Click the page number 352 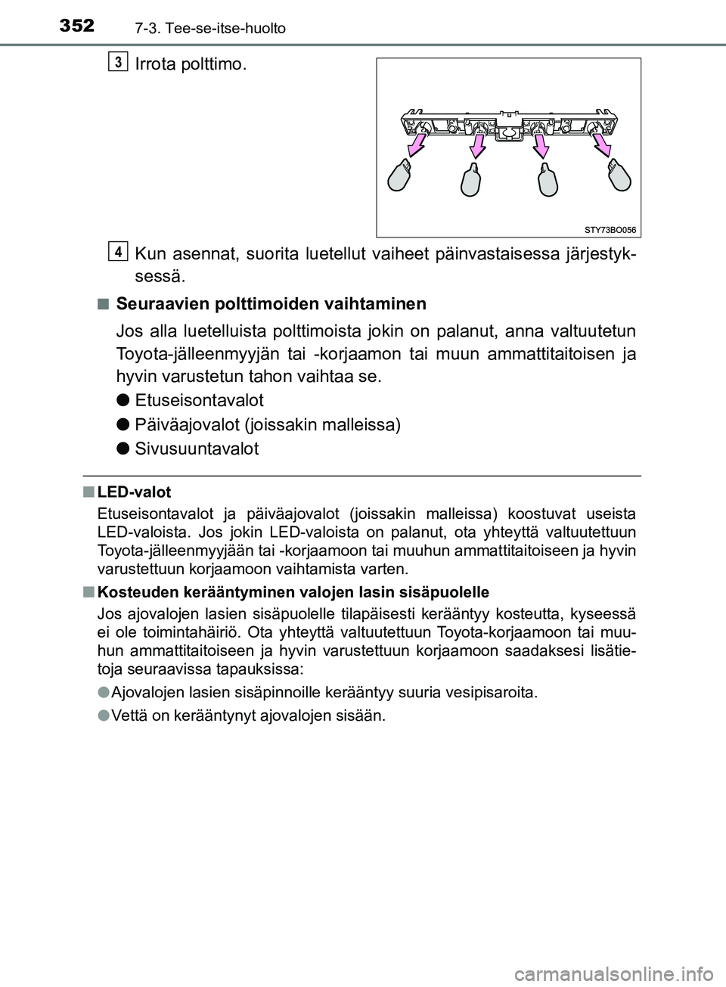tap(73, 26)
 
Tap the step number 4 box tap(116, 250)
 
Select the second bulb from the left tap(472, 184)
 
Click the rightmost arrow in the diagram tap(603, 141)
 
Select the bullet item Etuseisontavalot tap(199, 400)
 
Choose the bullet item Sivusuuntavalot tap(197, 448)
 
